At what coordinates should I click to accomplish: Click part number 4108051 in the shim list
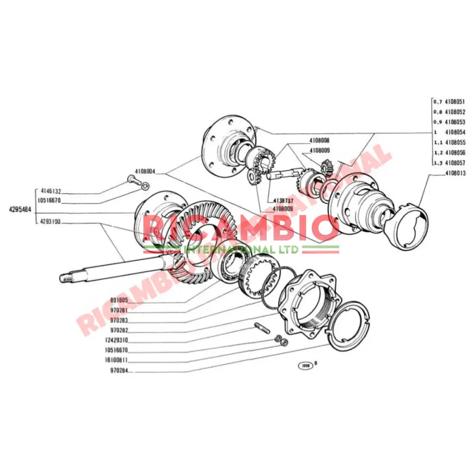tap(455, 102)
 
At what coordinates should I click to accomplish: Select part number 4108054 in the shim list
tap(455, 132)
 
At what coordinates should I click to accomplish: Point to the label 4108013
tap(455, 173)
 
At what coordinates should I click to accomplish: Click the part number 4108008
tap(320, 140)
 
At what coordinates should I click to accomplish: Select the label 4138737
tap(282, 201)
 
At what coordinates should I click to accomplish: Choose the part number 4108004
tap(145, 172)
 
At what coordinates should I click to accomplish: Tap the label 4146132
tap(51, 191)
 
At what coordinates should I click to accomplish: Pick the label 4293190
tap(51, 221)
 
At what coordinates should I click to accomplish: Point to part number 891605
tap(119, 300)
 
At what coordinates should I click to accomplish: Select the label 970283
tap(119, 320)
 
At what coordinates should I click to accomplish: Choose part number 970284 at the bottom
tap(119, 371)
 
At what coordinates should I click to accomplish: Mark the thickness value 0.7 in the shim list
tap(437, 102)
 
